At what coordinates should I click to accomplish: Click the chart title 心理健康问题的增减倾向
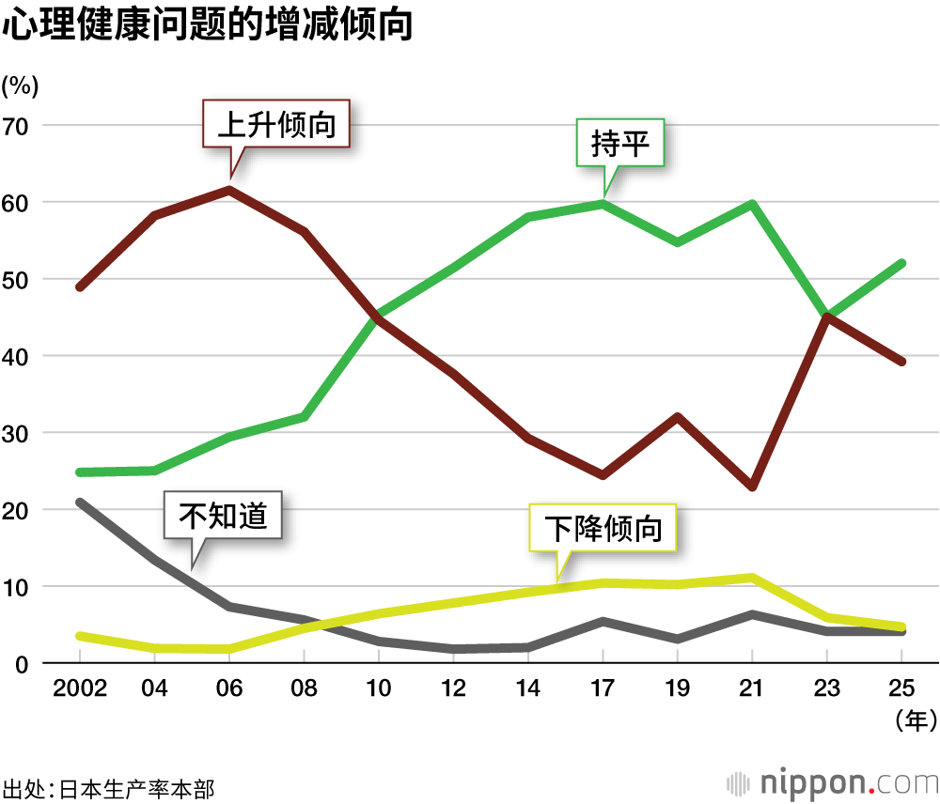(x=209, y=25)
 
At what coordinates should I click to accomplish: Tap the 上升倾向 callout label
(x=276, y=124)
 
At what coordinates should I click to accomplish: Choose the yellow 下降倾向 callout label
(x=603, y=529)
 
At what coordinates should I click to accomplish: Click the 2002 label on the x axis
(x=80, y=688)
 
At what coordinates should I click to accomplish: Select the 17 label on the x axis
(x=603, y=688)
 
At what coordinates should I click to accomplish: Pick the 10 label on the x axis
(x=379, y=688)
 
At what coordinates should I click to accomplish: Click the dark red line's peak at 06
(x=229, y=190)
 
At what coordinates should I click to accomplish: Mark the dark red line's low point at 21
(x=753, y=487)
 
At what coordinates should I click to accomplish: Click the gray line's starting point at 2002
(x=80, y=502)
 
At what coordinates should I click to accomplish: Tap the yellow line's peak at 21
(x=753, y=578)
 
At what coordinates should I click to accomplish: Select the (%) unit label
(x=20, y=86)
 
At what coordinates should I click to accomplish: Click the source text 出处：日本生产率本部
(x=109, y=787)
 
